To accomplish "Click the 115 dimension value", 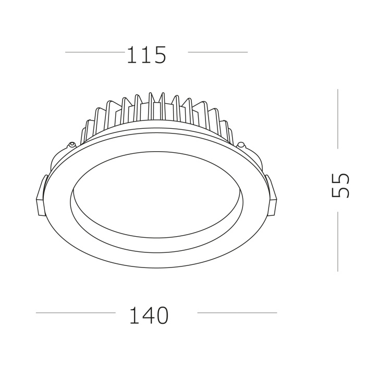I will [146, 54].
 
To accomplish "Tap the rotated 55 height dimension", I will [340, 185].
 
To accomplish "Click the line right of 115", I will [217, 52].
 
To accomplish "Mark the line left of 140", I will [76, 313].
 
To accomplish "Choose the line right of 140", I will [237, 313].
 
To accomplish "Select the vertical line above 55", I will [338, 118].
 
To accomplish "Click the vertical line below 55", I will [338, 241].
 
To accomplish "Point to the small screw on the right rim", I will [240, 144].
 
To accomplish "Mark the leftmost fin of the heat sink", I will [89, 127].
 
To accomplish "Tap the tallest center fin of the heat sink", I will [151, 107].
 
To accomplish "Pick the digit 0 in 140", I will [162, 315].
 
